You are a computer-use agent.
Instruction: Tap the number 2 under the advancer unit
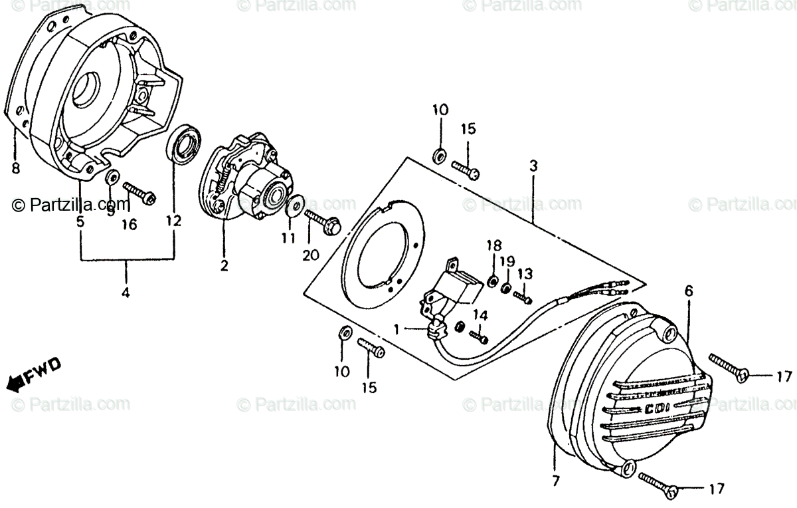coord(224,266)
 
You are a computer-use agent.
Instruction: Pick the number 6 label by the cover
coord(688,291)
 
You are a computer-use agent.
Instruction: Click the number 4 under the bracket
coord(126,291)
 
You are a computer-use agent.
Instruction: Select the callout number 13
coord(525,273)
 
